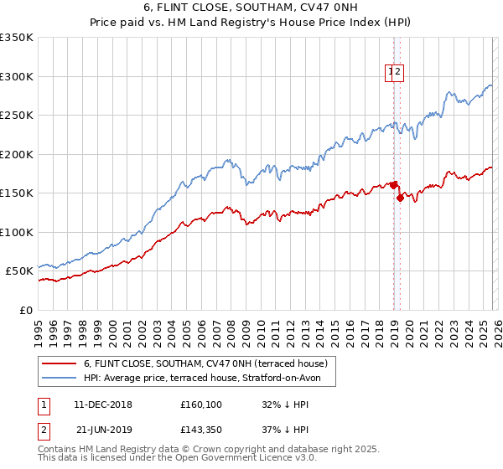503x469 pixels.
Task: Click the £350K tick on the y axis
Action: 16,38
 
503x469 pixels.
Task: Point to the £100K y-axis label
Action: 16,232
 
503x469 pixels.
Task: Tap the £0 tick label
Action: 24,310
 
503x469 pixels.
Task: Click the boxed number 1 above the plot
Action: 392,73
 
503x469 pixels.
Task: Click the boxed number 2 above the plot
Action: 399,73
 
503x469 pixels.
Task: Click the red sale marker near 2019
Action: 400,198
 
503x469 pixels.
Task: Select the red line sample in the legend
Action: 59,363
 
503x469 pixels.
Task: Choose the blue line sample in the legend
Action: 59,378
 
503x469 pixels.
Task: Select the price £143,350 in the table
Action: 204,430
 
